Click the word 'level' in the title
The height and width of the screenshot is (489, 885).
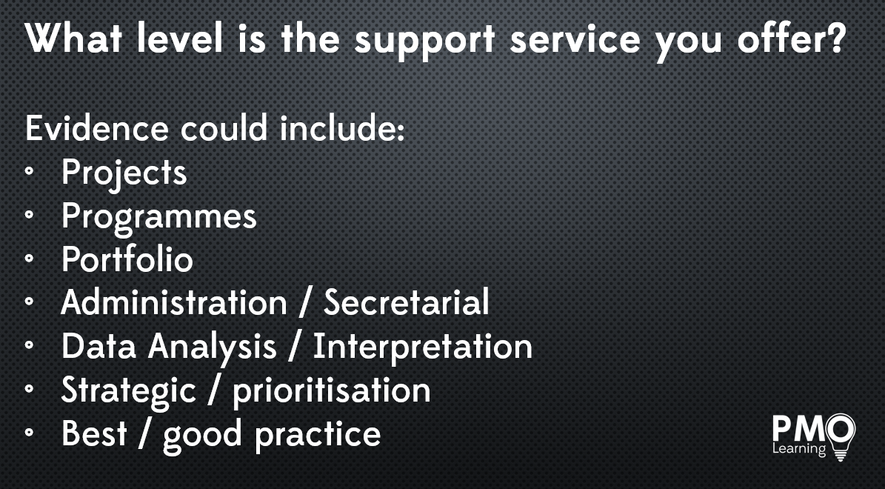point(180,39)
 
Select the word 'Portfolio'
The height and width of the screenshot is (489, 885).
point(127,259)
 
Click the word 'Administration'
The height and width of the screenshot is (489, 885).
point(174,302)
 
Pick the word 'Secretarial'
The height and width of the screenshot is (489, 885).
point(406,302)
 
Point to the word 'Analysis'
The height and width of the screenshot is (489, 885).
point(213,347)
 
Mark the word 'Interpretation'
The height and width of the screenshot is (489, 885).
point(423,347)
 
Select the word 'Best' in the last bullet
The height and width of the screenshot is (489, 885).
point(94,433)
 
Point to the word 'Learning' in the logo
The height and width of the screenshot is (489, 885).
point(798,449)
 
